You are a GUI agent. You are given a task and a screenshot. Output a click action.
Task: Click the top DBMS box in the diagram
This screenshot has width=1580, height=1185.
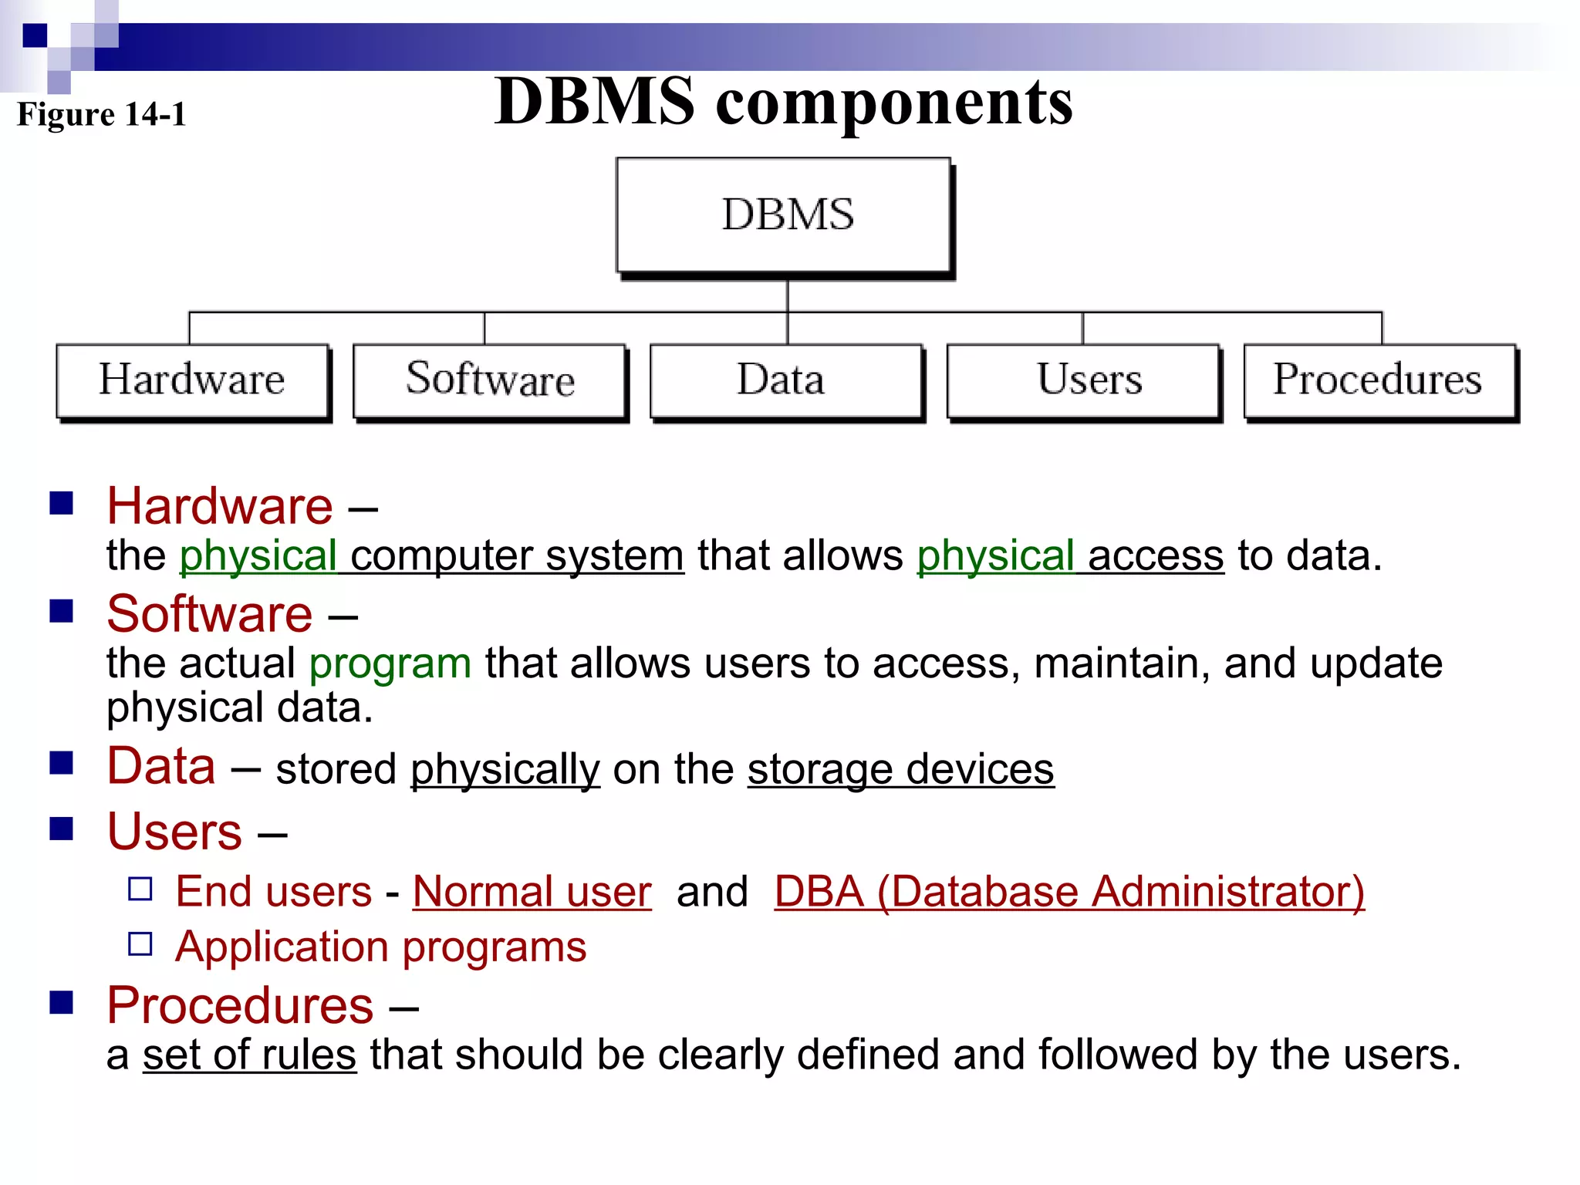pyautogui.click(x=783, y=214)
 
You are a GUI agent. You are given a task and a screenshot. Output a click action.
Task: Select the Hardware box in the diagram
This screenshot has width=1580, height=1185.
pyautogui.click(x=192, y=380)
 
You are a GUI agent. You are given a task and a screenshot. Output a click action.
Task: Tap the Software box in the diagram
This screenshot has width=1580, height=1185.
pyautogui.click(x=489, y=380)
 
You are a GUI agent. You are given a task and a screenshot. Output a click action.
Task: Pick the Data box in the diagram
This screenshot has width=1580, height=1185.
pyautogui.click(x=785, y=380)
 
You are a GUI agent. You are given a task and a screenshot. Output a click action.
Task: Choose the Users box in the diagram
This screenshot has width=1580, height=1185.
pyautogui.click(x=1082, y=380)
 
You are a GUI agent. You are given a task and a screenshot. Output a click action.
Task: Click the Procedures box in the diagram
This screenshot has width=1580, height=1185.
pyautogui.click(x=1379, y=380)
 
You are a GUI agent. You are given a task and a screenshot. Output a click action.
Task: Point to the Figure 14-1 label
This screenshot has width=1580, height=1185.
pyautogui.click(x=101, y=114)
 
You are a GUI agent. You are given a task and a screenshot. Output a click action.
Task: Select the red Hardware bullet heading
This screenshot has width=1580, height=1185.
pyautogui.click(x=220, y=507)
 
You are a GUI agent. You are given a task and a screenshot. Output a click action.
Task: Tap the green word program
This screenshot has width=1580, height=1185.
pyautogui.click(x=390, y=663)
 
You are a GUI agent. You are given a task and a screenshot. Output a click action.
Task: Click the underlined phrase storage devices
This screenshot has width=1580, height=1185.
pyautogui.click(x=900, y=769)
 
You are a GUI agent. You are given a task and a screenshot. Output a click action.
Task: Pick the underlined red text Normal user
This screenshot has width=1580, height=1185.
pyautogui.click(x=532, y=892)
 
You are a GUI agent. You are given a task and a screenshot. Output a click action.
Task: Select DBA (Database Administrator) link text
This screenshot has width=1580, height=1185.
pyautogui.click(x=1069, y=892)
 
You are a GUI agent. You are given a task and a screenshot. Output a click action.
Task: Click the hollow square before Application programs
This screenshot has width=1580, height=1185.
pyautogui.click(x=140, y=944)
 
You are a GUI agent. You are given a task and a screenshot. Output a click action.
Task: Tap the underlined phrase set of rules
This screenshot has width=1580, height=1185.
pyautogui.click(x=249, y=1055)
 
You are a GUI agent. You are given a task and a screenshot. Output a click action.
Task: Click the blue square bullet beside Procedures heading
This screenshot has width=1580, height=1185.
pyautogui.click(x=61, y=1002)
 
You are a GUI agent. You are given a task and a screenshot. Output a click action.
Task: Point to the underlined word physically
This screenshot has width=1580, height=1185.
pyautogui.click(x=505, y=769)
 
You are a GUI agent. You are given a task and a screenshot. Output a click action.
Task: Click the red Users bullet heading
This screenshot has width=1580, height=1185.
pyautogui.click(x=174, y=832)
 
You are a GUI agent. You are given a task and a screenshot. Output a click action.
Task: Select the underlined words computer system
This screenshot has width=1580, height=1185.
pyautogui.click(x=517, y=555)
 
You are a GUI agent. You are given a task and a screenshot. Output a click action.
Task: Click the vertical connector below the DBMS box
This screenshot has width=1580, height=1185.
pyautogui.click(x=788, y=296)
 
